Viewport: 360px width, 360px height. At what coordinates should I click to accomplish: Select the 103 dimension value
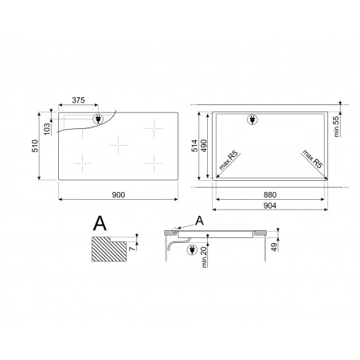coord(47,127)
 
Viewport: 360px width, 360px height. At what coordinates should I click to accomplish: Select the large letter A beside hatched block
coord(98,222)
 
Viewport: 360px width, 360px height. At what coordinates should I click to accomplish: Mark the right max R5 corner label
coord(313,158)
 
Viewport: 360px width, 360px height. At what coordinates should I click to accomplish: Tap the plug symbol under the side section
coord(192,251)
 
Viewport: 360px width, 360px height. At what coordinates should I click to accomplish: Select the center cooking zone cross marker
coord(118,144)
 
